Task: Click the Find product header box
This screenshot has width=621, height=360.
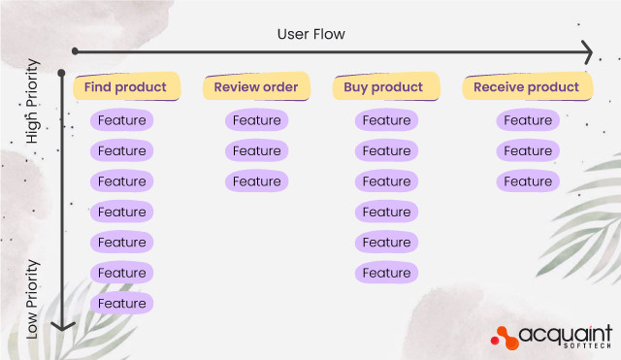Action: [126, 86]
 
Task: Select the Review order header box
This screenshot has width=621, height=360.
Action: [256, 86]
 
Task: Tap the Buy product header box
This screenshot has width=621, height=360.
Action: [383, 86]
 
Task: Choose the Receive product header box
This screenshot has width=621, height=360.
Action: [526, 86]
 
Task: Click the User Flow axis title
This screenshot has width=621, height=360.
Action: [310, 34]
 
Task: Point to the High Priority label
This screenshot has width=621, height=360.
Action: [33, 102]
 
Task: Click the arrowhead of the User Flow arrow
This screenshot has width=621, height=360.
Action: [586, 51]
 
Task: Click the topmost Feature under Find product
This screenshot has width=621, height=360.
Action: [122, 120]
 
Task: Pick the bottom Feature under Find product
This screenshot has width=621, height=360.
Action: [122, 304]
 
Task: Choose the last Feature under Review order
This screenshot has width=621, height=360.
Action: [256, 181]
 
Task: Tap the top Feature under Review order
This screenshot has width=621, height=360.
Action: [256, 120]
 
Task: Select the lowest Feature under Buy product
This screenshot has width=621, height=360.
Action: [386, 273]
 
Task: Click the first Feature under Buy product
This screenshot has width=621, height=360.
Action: [386, 120]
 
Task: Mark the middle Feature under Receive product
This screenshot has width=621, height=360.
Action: [528, 150]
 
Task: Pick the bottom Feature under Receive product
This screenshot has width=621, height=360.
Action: [528, 181]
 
